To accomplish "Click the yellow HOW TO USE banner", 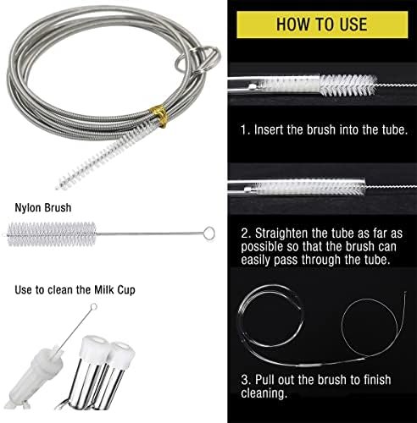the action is [x=322, y=25].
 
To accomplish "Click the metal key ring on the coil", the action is [x=197, y=58].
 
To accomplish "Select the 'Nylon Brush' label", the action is [x=43, y=208].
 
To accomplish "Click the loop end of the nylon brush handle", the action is [x=209, y=233].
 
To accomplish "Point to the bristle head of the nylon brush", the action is [x=52, y=234].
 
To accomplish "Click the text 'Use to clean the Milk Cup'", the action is [x=75, y=290].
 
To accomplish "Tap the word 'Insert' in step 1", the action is [x=269, y=130].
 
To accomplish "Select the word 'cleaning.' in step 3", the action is [x=264, y=393].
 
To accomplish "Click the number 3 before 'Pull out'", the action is [x=245, y=380].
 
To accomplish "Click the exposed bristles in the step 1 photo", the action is [x=348, y=85].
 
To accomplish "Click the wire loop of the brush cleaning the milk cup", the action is [x=94, y=306].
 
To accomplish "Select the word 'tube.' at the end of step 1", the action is [x=395, y=130].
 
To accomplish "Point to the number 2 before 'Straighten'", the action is [x=245, y=233].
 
